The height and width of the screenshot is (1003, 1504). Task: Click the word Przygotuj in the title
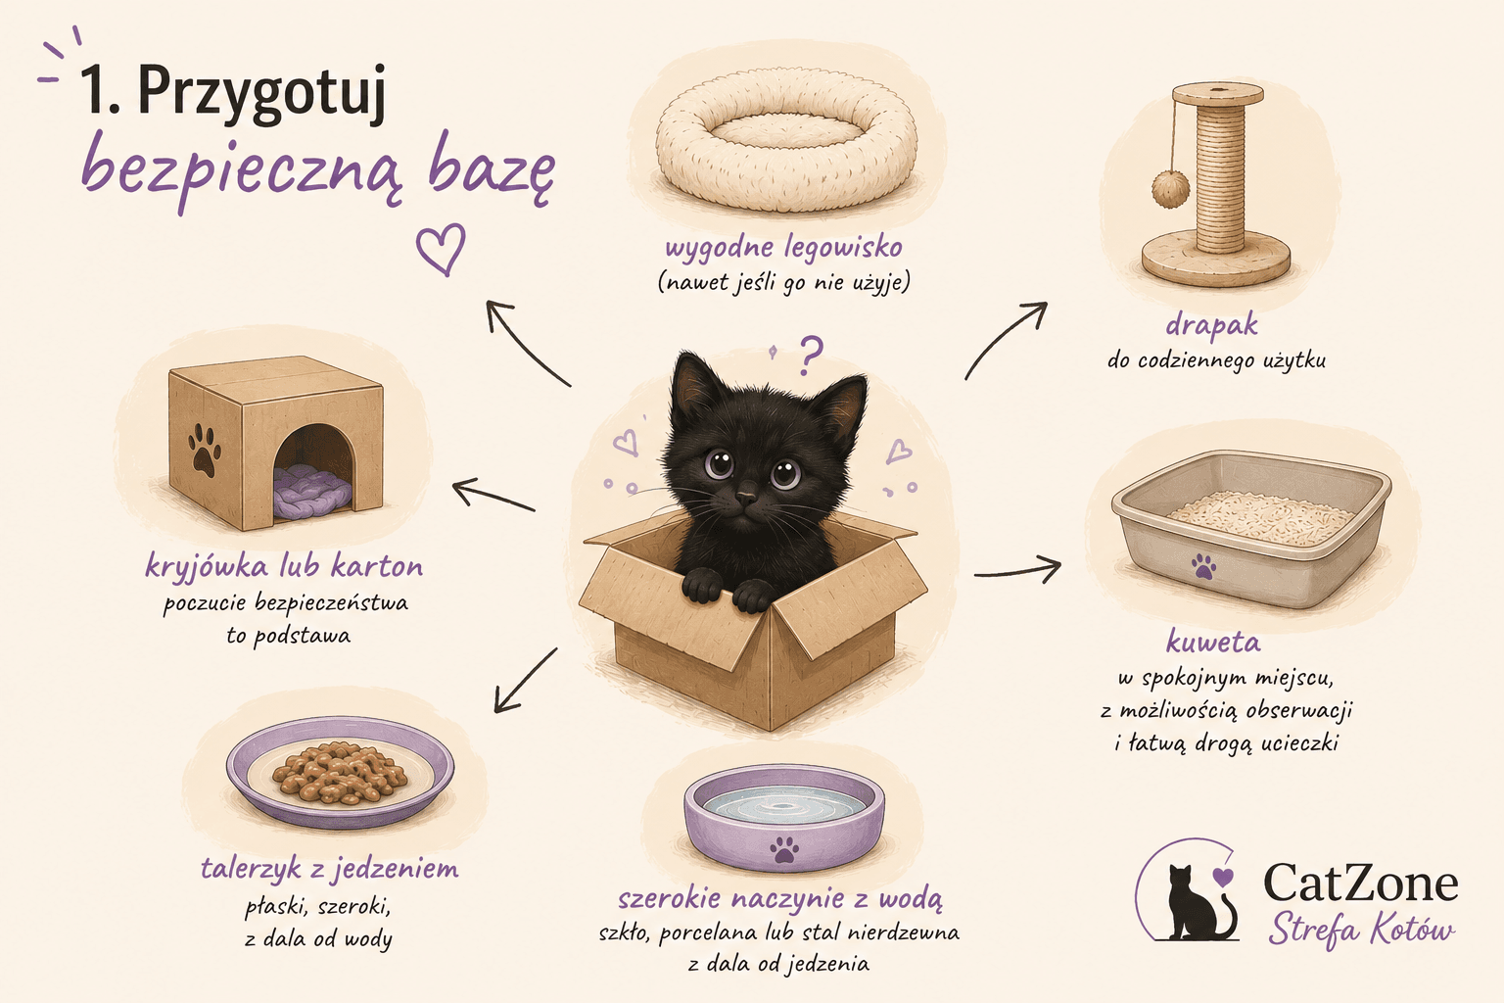click(x=262, y=94)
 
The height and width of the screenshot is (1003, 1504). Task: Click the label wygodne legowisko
click(x=783, y=248)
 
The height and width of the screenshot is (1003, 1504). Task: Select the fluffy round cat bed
click(x=786, y=139)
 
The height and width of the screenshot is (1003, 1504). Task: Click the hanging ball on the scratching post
click(x=1170, y=188)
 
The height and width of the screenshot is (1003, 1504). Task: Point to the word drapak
click(x=1211, y=324)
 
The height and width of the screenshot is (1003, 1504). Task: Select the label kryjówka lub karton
click(x=284, y=567)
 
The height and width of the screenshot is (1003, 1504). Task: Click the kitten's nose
click(x=746, y=498)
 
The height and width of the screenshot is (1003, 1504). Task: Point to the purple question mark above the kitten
click(x=811, y=355)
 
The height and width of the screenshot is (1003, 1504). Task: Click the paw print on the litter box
click(x=1203, y=566)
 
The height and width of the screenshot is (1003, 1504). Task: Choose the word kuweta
click(x=1213, y=642)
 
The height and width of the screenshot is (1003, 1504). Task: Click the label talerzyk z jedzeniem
click(x=330, y=869)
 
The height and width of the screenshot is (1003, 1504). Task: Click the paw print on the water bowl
click(x=783, y=850)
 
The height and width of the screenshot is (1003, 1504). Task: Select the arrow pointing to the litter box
click(x=1017, y=571)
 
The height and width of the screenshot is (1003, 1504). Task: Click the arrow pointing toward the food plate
click(x=525, y=681)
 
